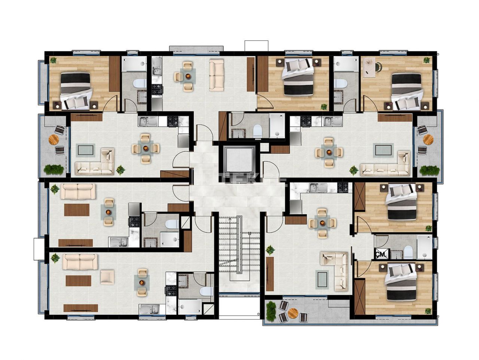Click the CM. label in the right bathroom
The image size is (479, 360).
(381, 254)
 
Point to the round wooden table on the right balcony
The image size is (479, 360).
(428, 139)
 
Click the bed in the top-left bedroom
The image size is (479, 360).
(76, 90)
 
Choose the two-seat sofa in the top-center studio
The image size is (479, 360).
(216, 75)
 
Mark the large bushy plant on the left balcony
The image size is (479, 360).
(53, 169)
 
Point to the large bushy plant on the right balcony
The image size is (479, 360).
(429, 170)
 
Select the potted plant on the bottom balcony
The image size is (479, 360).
(270, 311)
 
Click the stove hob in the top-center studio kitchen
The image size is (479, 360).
(157, 89)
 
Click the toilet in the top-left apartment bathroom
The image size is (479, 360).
(141, 83)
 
